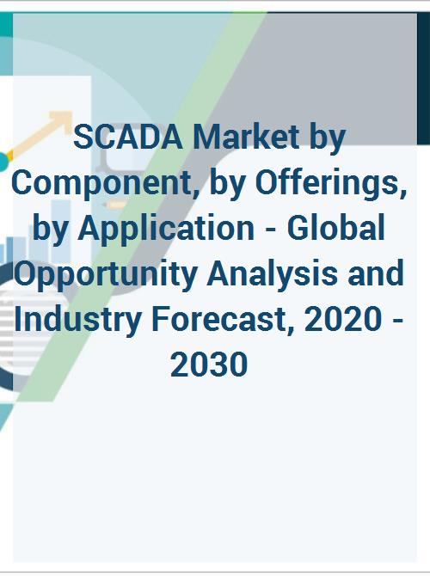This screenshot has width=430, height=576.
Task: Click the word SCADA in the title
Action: pyautogui.click(x=128, y=138)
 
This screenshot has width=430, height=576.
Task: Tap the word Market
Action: pyautogui.click(x=247, y=137)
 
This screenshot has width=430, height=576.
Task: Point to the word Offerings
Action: pyautogui.click(x=331, y=183)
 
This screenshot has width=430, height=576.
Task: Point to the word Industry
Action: pyautogui.click(x=78, y=320)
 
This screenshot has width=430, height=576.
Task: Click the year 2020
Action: pyautogui.click(x=343, y=320)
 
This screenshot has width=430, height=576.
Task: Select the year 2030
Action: pyautogui.click(x=209, y=365)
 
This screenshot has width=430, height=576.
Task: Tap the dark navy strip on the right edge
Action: pyautogui.click(x=423, y=78)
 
